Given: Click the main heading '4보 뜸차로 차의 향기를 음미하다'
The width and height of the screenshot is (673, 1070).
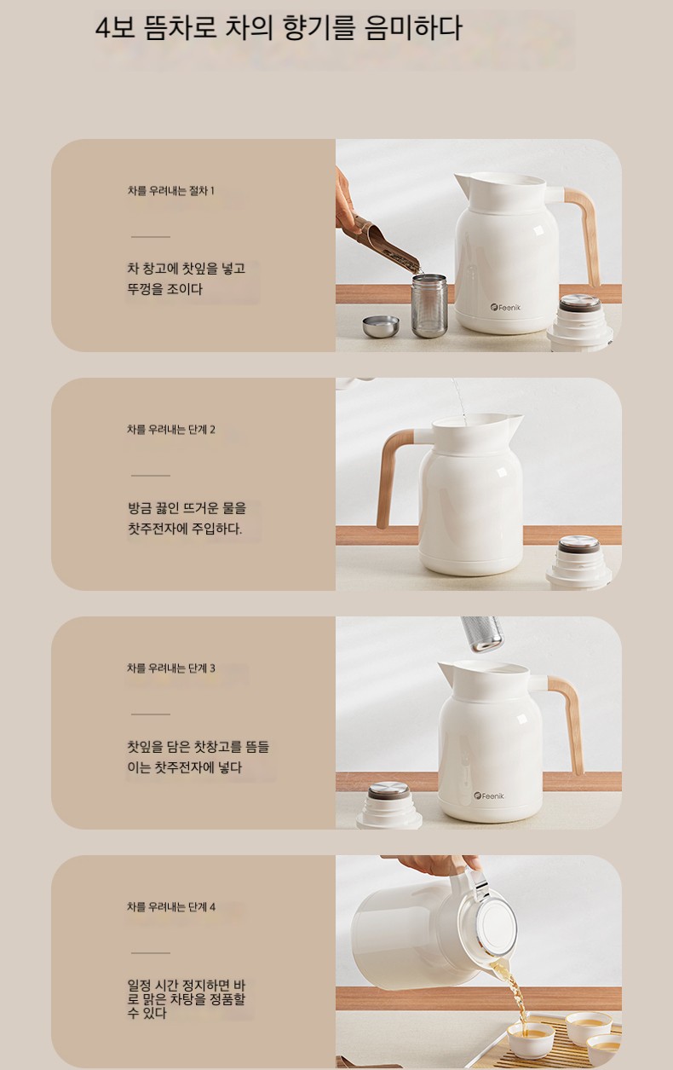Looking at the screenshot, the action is click(x=279, y=28).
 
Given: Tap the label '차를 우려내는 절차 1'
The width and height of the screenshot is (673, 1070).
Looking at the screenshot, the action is click(x=171, y=191).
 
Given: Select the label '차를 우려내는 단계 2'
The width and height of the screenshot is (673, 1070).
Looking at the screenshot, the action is click(x=171, y=430).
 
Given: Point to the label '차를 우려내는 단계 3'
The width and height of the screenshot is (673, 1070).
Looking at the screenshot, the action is click(x=171, y=668).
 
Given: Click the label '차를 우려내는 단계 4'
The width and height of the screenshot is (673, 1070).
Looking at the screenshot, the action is click(x=171, y=907).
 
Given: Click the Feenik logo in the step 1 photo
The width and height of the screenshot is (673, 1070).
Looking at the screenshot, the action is click(x=505, y=307).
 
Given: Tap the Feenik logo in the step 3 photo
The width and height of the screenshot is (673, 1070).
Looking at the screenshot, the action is click(x=489, y=795).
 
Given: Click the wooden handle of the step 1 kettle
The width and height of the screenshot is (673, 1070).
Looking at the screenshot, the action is click(x=587, y=229).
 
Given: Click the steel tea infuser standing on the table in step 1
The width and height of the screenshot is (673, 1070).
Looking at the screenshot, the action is click(x=429, y=305).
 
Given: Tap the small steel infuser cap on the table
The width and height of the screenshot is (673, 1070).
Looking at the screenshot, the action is click(x=381, y=326).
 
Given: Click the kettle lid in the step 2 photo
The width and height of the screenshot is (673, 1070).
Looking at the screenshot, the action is click(x=579, y=562).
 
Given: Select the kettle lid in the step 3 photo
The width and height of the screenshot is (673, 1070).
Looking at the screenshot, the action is click(x=389, y=807).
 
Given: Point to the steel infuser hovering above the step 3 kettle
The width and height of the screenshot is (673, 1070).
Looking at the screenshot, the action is click(x=482, y=633).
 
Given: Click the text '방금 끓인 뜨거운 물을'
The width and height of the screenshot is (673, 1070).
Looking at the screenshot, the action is click(x=187, y=508).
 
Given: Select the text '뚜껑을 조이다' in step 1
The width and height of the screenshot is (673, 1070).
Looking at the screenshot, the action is click(x=164, y=289).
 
